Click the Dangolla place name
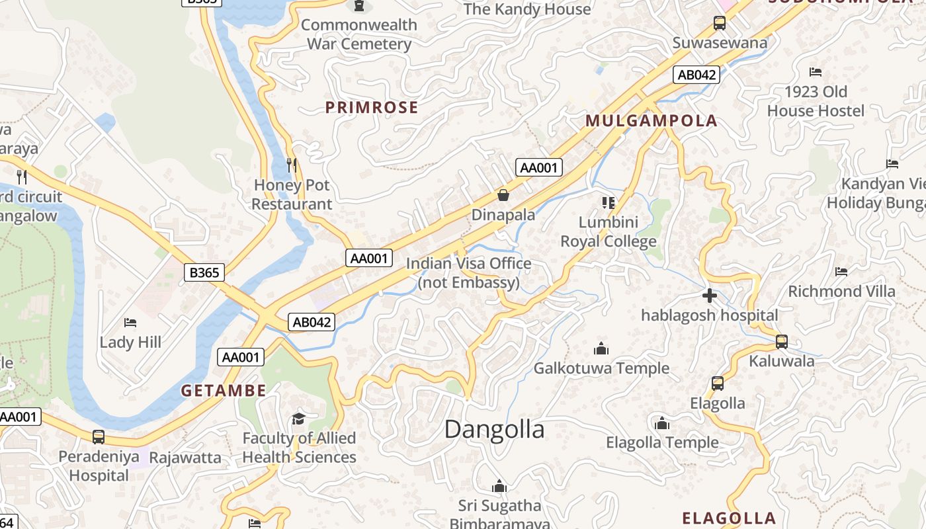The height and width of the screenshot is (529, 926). (x=494, y=429)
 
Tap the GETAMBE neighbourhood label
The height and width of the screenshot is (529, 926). (x=224, y=390)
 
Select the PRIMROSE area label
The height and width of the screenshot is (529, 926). (x=372, y=107)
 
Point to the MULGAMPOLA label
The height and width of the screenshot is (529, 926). (x=652, y=120)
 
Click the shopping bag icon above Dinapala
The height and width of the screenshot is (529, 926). (x=503, y=195)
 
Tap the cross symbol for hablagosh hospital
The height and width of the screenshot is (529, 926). (x=710, y=296)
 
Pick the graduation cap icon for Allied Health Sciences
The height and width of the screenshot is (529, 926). (x=298, y=419)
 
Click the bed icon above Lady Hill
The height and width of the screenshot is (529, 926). (x=130, y=323)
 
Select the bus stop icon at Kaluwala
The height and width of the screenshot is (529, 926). (x=781, y=342)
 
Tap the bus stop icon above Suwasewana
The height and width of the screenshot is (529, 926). (x=720, y=24)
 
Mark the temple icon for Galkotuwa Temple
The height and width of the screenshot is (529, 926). (x=601, y=348)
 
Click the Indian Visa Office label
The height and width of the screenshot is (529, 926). (x=468, y=273)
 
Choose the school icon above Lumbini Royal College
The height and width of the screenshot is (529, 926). (x=608, y=202)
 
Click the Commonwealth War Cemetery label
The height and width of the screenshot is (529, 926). (x=359, y=34)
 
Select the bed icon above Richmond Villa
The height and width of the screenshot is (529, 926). (x=841, y=272)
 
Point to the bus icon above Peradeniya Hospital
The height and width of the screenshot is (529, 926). (x=99, y=436)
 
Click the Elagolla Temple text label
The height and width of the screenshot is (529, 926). (x=662, y=442)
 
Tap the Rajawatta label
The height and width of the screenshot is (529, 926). (x=185, y=457)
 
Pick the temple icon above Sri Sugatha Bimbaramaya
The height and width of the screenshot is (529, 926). (x=499, y=487)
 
